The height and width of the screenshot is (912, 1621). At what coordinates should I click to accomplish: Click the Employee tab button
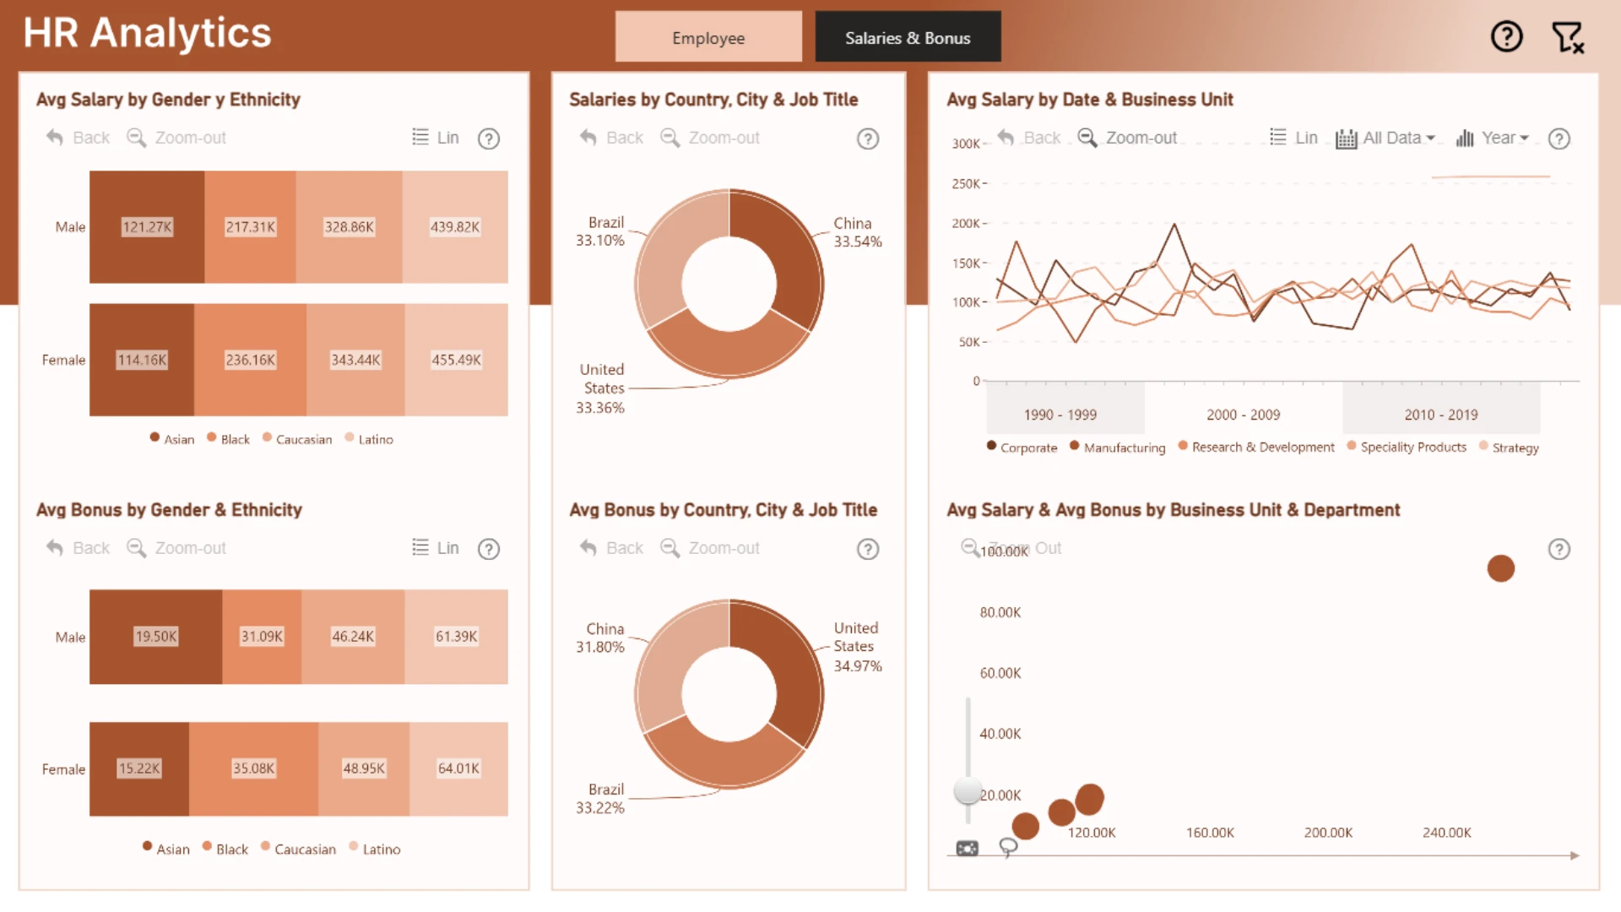[708, 37]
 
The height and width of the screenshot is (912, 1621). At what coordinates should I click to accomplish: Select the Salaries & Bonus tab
[908, 37]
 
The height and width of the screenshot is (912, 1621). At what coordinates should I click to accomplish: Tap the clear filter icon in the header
[1568, 37]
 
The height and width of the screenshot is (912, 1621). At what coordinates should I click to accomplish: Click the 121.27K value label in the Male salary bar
[147, 227]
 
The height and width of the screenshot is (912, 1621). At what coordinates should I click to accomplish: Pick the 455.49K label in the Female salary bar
[456, 360]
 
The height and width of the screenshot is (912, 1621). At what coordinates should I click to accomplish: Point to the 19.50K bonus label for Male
[156, 637]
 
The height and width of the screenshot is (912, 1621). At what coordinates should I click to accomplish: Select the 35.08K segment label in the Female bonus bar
[253, 768]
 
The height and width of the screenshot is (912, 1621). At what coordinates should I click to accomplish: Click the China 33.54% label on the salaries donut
[858, 232]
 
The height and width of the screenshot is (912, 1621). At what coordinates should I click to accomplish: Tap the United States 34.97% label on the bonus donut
[858, 647]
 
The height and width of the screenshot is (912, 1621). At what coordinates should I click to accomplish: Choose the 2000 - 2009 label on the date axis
[1243, 415]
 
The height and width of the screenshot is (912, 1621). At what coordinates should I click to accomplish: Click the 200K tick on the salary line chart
[966, 223]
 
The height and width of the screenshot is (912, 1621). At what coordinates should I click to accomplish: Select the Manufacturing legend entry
[1117, 448]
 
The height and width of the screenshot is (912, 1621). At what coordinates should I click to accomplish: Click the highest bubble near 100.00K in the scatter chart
[1500, 568]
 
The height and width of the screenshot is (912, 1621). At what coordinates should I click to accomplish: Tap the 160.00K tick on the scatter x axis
[1210, 833]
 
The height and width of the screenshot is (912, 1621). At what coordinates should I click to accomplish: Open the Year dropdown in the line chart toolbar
[1492, 138]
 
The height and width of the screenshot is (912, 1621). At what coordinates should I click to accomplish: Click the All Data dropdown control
[1385, 138]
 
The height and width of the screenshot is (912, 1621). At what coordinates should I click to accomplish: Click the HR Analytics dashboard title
[147, 33]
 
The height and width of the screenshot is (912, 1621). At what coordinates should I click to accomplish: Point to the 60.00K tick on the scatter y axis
[1000, 673]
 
